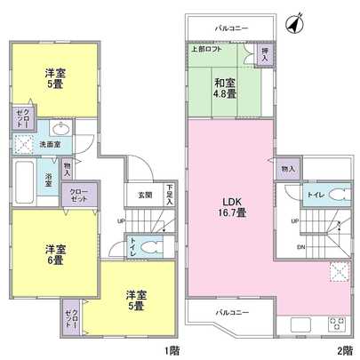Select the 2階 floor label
pos(343,348)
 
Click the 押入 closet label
pos(265,56)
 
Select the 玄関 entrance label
pos(144,196)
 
